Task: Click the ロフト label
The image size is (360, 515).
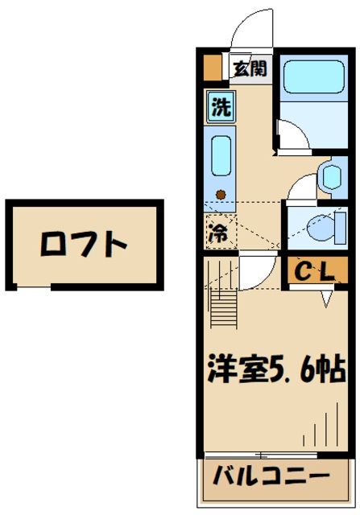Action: coord(85,243)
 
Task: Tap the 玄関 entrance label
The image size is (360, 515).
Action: coord(249,68)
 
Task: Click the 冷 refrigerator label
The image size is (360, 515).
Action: coord(218,233)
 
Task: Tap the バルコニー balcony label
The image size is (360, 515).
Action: coord(271,476)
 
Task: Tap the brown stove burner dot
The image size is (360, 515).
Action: coord(221,194)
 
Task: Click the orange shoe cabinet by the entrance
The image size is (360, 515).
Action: coord(212,68)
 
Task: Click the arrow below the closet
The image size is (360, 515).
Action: coord(326,298)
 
